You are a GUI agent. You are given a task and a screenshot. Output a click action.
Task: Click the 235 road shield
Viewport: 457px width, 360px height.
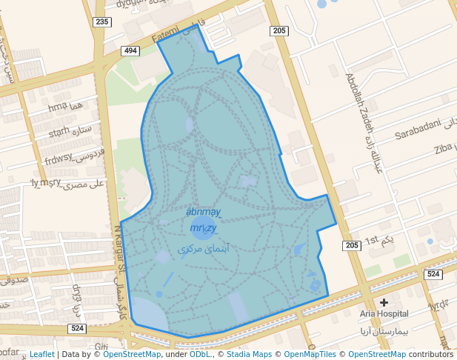click(102, 22)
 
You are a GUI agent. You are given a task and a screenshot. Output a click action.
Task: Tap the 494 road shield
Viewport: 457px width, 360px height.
click(131, 50)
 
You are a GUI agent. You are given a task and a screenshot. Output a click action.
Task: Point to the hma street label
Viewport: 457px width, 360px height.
click(56, 108)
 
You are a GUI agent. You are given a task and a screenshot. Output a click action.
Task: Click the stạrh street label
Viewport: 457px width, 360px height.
click(59, 133)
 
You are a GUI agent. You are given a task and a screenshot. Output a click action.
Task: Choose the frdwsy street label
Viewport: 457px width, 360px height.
click(59, 159)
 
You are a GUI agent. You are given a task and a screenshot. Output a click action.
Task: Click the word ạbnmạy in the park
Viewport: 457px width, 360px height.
click(204, 213)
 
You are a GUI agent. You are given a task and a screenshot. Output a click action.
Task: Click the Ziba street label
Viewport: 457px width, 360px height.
click(443, 148)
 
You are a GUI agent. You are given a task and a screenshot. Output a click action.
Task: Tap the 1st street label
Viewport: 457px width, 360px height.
click(371, 240)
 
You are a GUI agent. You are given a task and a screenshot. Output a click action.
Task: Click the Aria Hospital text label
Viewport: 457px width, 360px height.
click(384, 313)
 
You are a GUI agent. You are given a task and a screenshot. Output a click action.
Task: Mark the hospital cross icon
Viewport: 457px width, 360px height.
click(384, 302)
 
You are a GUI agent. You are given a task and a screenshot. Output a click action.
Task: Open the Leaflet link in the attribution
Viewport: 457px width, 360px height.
click(41, 354)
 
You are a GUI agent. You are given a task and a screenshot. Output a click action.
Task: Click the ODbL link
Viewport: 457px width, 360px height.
click(200, 354)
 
